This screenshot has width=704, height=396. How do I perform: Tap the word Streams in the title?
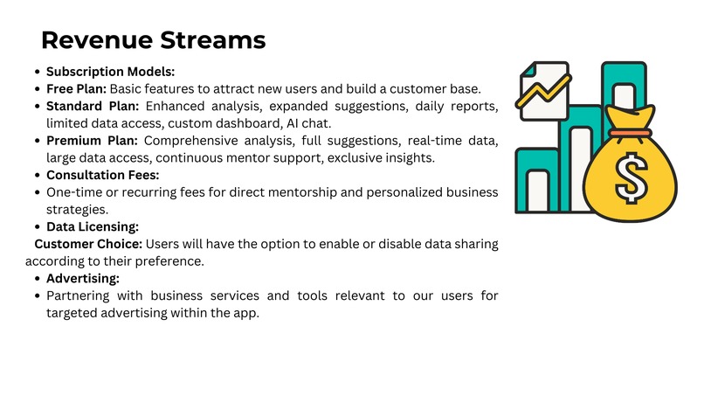coord(211,40)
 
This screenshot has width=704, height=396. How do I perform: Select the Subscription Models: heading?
coord(110,72)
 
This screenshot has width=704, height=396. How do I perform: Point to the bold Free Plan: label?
coord(77,88)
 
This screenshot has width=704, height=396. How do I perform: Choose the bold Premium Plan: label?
coord(93,141)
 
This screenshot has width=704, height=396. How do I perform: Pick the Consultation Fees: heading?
coord(103,175)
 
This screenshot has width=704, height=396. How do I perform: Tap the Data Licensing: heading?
coord(92,226)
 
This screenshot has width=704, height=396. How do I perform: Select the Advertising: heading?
coord(82,278)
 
